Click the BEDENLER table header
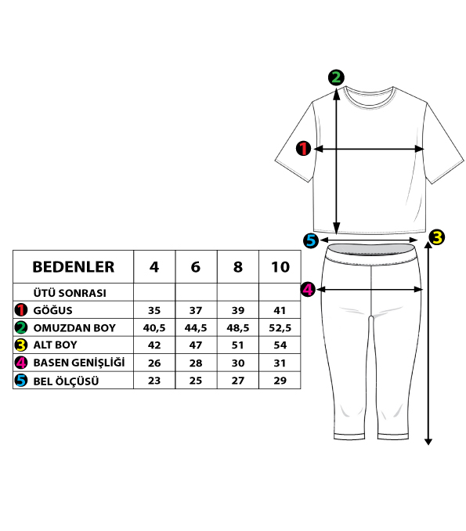click(x=73, y=267)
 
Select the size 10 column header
click(x=280, y=267)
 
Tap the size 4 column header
click(x=154, y=267)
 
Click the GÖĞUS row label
click(x=52, y=310)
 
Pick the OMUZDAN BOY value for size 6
click(x=196, y=328)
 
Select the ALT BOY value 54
click(x=280, y=345)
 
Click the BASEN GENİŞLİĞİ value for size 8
click(x=238, y=363)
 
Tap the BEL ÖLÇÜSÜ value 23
click(x=154, y=381)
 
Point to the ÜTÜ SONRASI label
click(x=70, y=293)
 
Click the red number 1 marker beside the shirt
click(x=303, y=148)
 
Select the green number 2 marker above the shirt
click(x=336, y=78)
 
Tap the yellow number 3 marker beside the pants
click(x=437, y=237)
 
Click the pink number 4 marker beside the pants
click(x=308, y=290)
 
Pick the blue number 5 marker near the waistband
click(x=311, y=240)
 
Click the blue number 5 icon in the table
click(x=21, y=380)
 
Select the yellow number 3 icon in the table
click(x=21, y=345)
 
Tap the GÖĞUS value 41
click(x=280, y=310)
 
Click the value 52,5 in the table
click(x=280, y=328)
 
